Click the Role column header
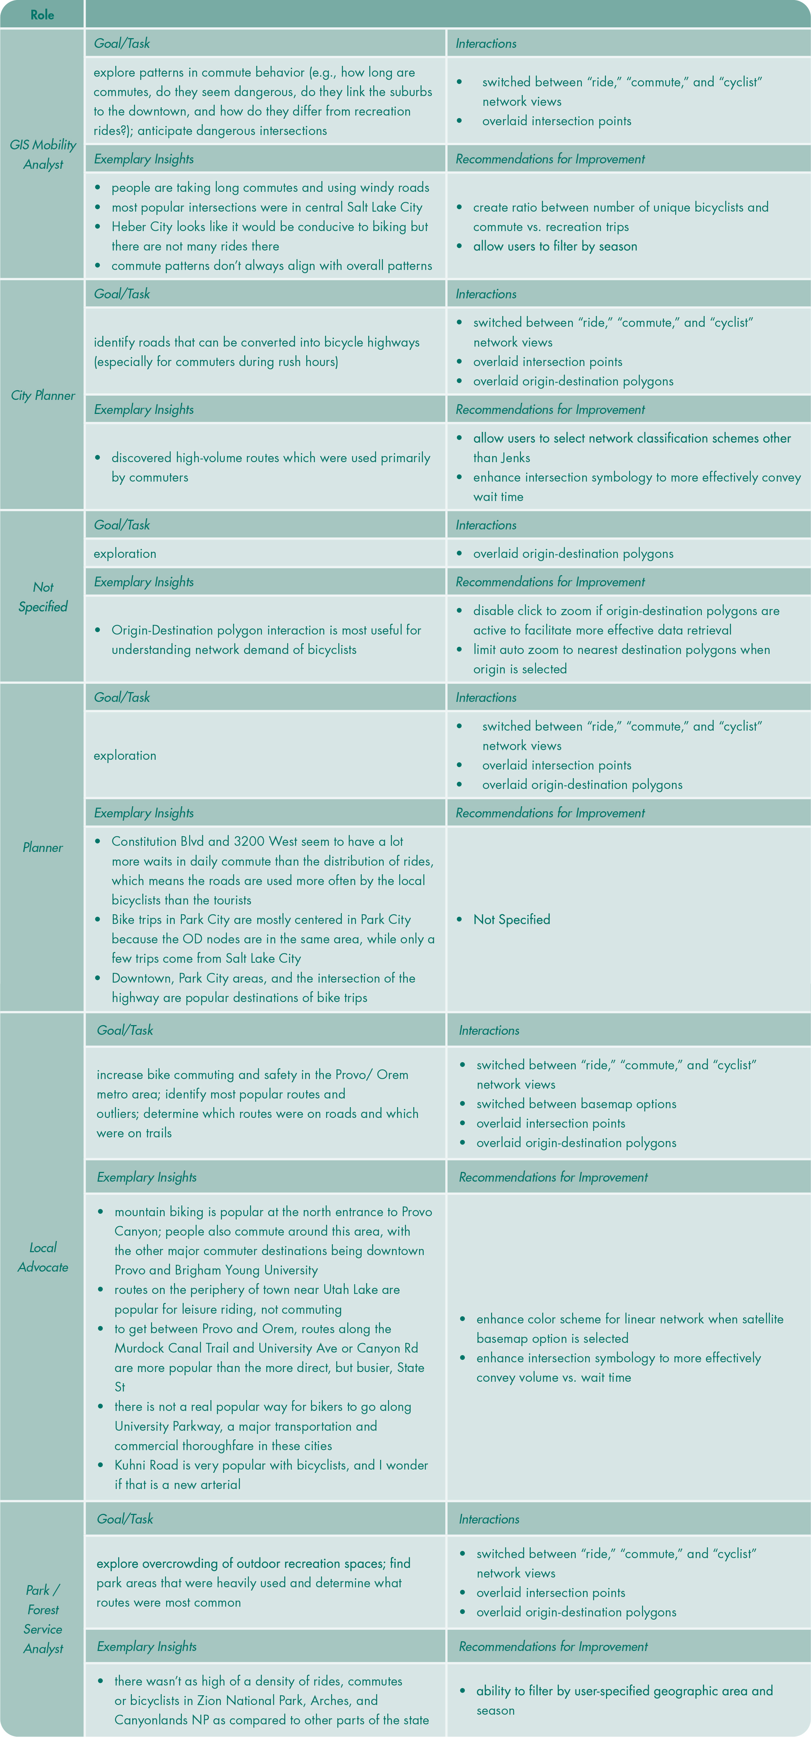click(42, 14)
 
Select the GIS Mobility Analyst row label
click(43, 154)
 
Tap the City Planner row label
click(43, 395)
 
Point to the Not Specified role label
click(43, 597)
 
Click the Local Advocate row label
click(43, 1257)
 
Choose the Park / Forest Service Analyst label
click(43, 1618)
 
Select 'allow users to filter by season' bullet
click(554, 246)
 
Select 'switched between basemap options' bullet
click(575, 1103)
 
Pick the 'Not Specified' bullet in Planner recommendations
click(512, 919)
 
